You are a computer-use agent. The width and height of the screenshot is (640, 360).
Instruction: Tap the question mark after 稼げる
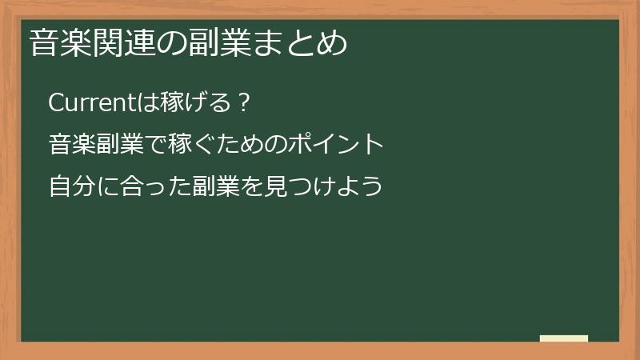click(x=246, y=102)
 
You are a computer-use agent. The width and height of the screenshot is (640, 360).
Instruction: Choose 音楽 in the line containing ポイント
click(x=71, y=145)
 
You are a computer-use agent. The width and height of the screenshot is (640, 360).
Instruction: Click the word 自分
click(x=71, y=187)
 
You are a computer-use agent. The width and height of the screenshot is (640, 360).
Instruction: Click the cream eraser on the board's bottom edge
click(x=564, y=338)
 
